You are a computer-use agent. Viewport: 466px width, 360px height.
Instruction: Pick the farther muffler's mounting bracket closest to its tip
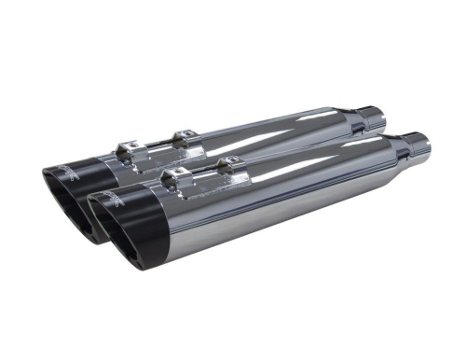130,147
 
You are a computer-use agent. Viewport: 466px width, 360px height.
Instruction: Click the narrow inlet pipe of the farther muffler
372,118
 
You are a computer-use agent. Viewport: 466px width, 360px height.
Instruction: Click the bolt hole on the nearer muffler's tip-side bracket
172,172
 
